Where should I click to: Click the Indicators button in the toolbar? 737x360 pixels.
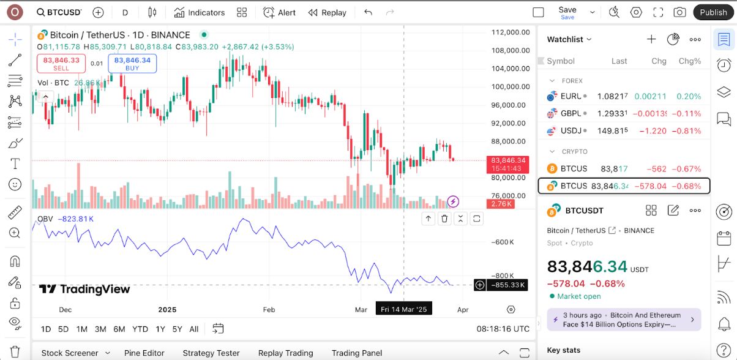pyautogui.click(x=200, y=12)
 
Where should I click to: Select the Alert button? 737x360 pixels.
pyautogui.click(x=280, y=12)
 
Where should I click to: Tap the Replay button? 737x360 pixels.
pyautogui.click(x=327, y=12)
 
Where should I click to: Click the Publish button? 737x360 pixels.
pyautogui.click(x=713, y=12)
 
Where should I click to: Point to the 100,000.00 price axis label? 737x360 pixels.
pyautogui.click(x=510, y=87)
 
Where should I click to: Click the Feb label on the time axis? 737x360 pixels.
pyautogui.click(x=269, y=310)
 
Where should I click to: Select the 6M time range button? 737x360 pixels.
pyautogui.click(x=120, y=329)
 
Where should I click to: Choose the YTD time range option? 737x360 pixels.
pyautogui.click(x=140, y=329)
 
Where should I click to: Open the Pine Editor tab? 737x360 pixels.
pyautogui.click(x=144, y=353)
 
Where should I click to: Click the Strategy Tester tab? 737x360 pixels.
pyautogui.click(x=211, y=353)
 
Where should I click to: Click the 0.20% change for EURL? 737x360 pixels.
pyautogui.click(x=689, y=96)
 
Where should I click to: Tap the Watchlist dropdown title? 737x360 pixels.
pyautogui.click(x=569, y=39)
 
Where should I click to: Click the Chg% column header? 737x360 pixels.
pyautogui.click(x=689, y=61)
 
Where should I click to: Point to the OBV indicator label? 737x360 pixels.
pyautogui.click(x=45, y=219)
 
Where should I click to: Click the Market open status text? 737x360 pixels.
pyautogui.click(x=579, y=296)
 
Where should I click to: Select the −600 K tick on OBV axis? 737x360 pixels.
pyautogui.click(x=503, y=242)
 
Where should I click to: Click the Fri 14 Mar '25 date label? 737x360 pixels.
pyautogui.click(x=403, y=310)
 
